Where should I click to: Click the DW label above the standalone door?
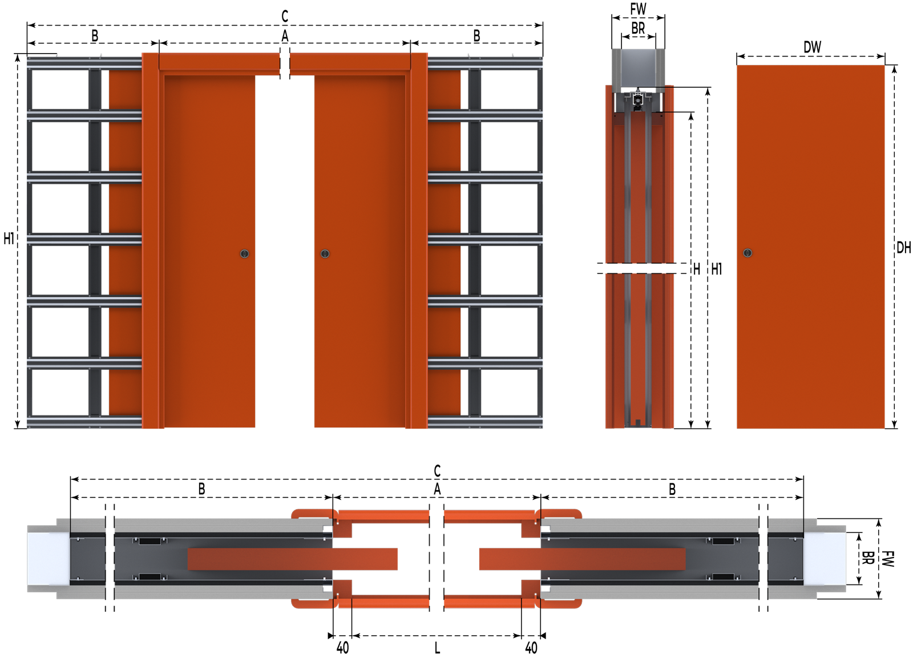pyautogui.click(x=813, y=47)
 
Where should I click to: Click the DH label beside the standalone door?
pyautogui.click(x=904, y=248)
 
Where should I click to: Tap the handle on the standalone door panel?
pyautogui.click(x=748, y=253)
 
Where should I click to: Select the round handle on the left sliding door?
pyautogui.click(x=245, y=253)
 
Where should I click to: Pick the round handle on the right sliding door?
pyautogui.click(x=325, y=253)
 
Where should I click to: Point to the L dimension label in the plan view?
pyautogui.click(x=437, y=648)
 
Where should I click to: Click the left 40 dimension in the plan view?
pyautogui.click(x=343, y=648)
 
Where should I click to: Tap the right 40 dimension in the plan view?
pyautogui.click(x=531, y=648)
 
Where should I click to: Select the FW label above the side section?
pyautogui.click(x=638, y=9)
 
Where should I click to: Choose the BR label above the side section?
pyautogui.click(x=639, y=28)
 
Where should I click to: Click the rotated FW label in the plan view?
pyautogui.click(x=888, y=559)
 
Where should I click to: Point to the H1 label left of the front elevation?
pyautogui.click(x=9, y=239)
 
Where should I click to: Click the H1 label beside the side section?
pyautogui.click(x=717, y=269)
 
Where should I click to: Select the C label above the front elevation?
pyautogui.click(x=285, y=17)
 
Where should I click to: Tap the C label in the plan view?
pyautogui.click(x=437, y=471)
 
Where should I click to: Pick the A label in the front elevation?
pyautogui.click(x=285, y=36)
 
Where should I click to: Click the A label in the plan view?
pyautogui.click(x=437, y=489)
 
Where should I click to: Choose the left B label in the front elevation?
pyautogui.click(x=95, y=36)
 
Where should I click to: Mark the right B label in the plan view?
pyautogui.click(x=672, y=489)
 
